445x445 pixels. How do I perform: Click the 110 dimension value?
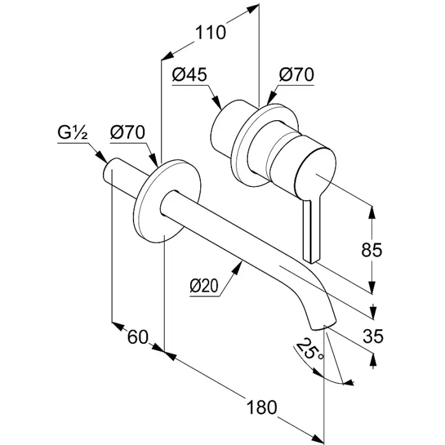click(x=210, y=32)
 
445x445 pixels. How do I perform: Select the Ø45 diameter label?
click(x=189, y=74)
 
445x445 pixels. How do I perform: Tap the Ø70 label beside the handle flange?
click(x=296, y=74)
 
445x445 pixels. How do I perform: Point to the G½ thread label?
click(x=72, y=133)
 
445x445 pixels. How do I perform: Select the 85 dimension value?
click(x=372, y=250)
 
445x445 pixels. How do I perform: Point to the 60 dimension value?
click(x=137, y=337)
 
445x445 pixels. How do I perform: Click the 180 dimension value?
click(x=261, y=407)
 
